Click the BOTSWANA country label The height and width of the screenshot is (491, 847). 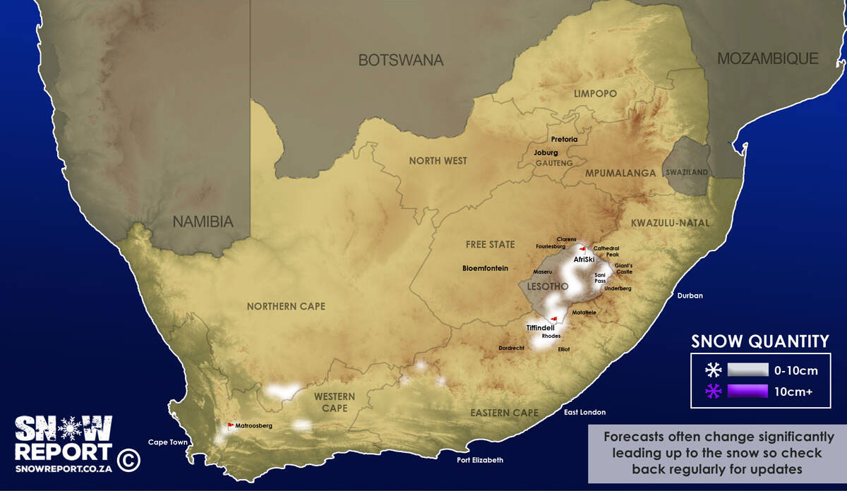click(401, 60)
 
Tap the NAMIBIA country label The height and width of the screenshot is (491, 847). click(203, 222)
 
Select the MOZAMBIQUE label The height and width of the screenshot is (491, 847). click(767, 59)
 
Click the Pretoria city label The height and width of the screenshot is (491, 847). click(564, 140)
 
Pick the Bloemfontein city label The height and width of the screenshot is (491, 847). click(485, 268)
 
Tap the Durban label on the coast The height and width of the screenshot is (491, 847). click(690, 296)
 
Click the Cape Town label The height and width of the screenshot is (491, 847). click(168, 442)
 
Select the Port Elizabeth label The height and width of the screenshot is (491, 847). click(480, 460)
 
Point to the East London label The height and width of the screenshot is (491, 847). click(584, 412)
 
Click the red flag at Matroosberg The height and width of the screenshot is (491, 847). click(230, 425)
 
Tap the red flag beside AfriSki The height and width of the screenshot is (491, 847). click(582, 249)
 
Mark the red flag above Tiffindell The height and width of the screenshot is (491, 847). click(555, 318)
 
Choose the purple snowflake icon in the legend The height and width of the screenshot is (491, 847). click(713, 392)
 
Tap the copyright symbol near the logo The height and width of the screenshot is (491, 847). click(129, 460)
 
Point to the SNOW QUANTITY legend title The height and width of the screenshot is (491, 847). click(759, 341)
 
